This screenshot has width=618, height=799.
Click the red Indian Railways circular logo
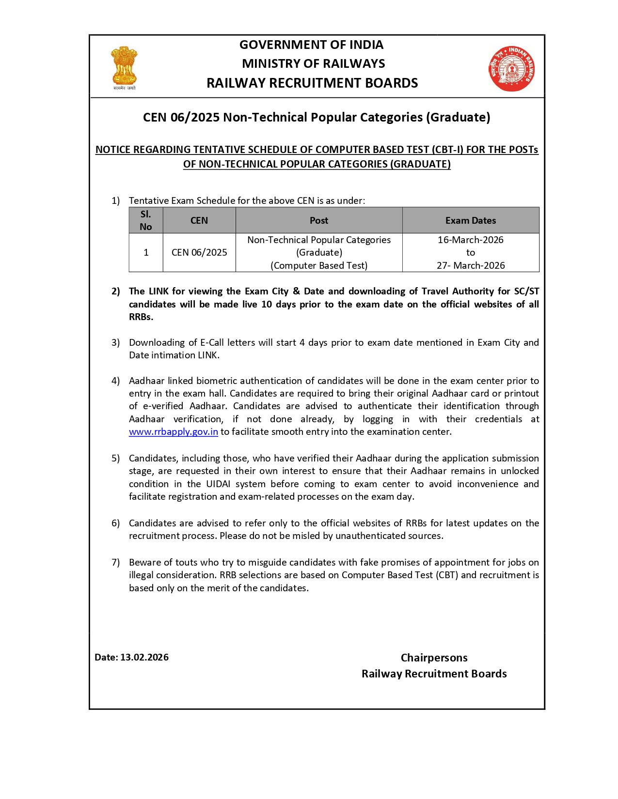point(511,69)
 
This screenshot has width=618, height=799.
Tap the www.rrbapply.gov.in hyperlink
point(173,431)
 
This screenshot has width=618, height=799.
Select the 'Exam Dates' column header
point(470,220)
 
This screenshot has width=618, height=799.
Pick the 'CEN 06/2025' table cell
point(199,252)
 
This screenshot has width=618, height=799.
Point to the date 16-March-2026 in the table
point(470,240)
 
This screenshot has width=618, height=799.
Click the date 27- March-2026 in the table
point(470,265)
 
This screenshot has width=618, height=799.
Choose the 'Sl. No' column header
point(145,220)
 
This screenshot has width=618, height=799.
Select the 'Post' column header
point(318,220)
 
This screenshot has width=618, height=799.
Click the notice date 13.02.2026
point(144,657)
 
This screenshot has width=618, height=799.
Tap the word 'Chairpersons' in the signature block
point(434,658)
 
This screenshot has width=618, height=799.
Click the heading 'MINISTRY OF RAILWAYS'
point(313,63)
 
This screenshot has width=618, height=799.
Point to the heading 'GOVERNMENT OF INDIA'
point(311,45)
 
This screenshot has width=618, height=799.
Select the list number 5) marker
point(115,458)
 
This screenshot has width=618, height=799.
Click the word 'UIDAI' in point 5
point(218,484)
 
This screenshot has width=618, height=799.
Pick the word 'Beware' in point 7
point(144,562)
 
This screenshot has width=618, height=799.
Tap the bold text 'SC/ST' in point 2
point(526,291)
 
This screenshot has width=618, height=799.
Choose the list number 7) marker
point(115,562)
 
